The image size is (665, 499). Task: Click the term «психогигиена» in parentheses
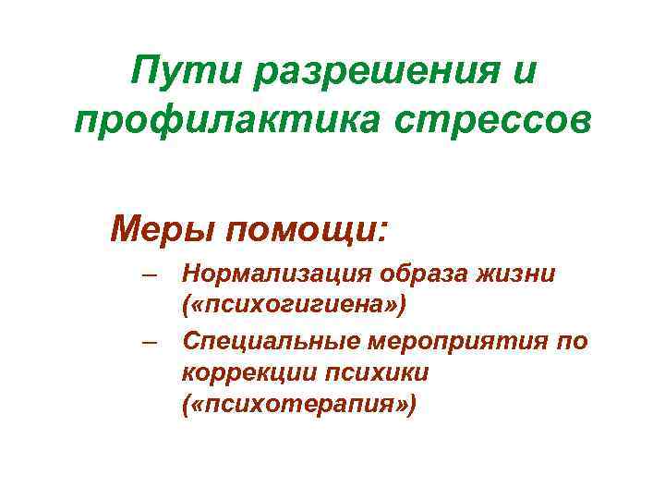click(x=294, y=305)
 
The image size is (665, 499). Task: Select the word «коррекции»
click(x=241, y=372)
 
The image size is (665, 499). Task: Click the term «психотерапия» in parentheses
click(x=299, y=404)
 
